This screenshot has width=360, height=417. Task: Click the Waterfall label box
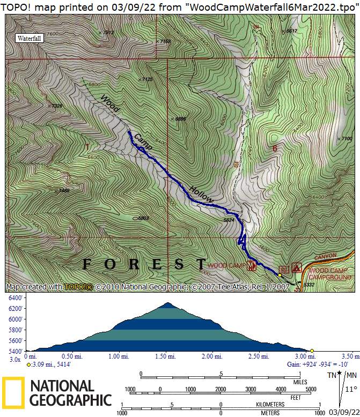point(29,39)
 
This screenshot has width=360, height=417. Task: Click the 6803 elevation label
point(142,218)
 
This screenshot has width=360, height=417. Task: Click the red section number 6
point(274,148)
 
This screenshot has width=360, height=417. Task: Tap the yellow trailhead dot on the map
point(279,275)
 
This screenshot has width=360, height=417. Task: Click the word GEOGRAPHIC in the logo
point(71,400)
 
